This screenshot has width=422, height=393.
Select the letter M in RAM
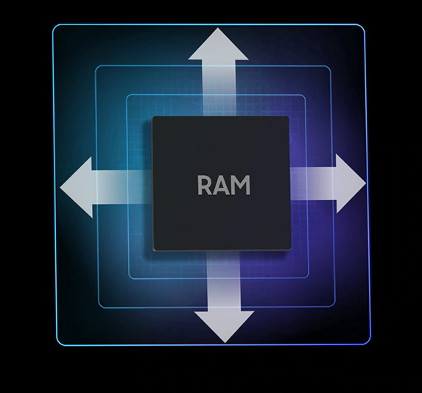point(242,185)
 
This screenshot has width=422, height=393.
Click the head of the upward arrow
point(218,44)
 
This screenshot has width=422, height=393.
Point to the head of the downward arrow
point(225,327)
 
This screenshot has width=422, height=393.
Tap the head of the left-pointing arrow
point(76,187)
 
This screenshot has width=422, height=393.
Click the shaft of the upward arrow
point(219,88)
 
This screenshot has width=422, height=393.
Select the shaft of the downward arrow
point(223,281)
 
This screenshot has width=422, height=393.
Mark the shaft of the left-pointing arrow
point(122,188)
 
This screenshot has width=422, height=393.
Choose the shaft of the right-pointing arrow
point(313,184)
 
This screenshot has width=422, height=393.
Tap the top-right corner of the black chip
point(288,117)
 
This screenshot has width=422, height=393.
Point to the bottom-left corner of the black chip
point(154,250)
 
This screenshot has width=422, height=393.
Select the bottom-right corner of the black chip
point(290,249)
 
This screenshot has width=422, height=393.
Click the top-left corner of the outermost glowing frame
point(54,26)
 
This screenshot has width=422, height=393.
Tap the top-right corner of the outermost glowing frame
point(364,26)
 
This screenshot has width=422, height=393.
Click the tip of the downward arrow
point(225,343)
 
